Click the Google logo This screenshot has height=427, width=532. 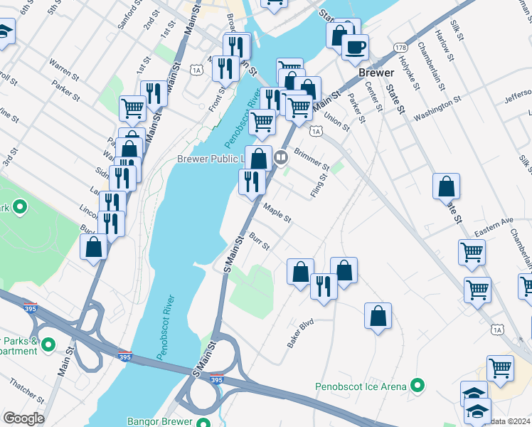(x=23, y=418)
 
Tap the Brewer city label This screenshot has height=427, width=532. (x=376, y=73)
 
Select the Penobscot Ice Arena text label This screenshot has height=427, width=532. (x=361, y=387)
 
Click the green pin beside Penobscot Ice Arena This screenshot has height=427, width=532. (x=417, y=386)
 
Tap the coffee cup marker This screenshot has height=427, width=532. (x=355, y=48)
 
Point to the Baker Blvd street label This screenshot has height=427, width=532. (x=300, y=333)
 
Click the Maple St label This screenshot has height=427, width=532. (x=277, y=213)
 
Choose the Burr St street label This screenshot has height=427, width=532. (x=259, y=241)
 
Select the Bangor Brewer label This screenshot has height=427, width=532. (x=160, y=421)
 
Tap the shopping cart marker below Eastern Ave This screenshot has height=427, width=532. (x=472, y=252)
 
